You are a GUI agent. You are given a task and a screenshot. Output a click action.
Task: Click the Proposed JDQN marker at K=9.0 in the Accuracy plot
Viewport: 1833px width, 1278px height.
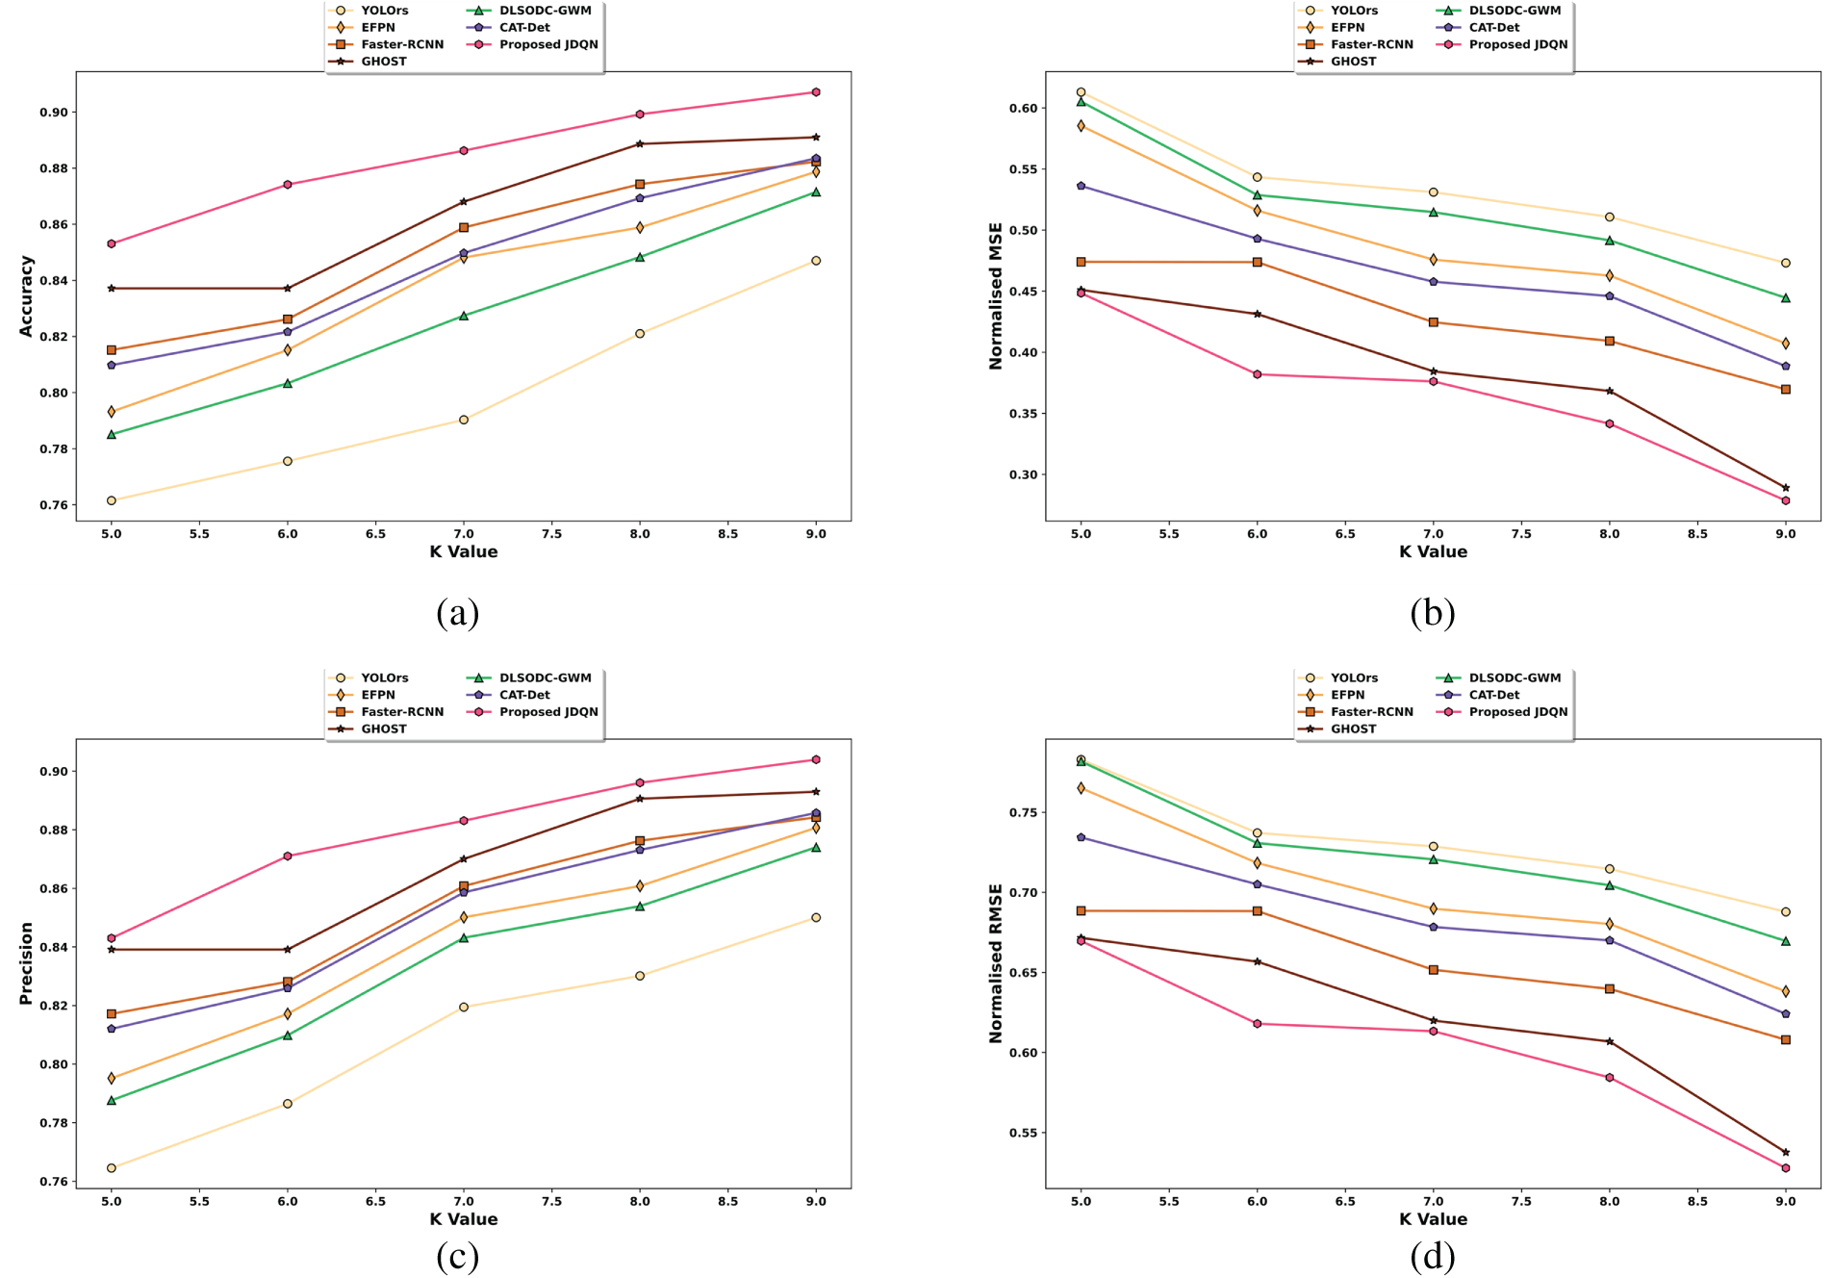pyautogui.click(x=816, y=92)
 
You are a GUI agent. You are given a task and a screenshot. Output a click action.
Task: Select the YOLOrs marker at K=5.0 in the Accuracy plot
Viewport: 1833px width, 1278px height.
pyautogui.click(x=112, y=500)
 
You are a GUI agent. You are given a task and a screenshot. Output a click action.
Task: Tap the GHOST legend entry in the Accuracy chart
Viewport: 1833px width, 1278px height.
pyautogui.click(x=383, y=62)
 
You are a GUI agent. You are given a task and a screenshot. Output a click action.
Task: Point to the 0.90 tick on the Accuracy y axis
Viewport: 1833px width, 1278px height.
pyautogui.click(x=54, y=113)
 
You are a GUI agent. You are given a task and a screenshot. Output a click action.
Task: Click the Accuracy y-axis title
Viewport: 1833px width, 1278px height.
pyautogui.click(x=26, y=295)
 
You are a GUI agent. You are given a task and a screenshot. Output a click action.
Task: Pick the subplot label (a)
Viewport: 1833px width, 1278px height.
pyautogui.click(x=457, y=613)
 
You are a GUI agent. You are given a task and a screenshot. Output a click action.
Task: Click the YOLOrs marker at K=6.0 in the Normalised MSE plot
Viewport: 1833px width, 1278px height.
pyautogui.click(x=1257, y=177)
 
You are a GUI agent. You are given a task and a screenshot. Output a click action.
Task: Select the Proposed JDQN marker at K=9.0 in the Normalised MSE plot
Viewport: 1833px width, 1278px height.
pyautogui.click(x=1786, y=500)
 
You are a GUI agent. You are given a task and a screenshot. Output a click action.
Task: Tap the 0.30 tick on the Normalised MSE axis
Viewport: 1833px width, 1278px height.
pyautogui.click(x=1024, y=474)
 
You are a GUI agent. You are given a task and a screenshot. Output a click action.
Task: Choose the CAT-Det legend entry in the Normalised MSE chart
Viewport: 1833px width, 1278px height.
pyautogui.click(x=1493, y=28)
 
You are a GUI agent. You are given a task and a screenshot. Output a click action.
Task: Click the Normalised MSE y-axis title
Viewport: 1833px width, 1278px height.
pyautogui.click(x=996, y=295)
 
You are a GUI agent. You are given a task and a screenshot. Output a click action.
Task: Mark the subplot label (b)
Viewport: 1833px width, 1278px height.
pyautogui.click(x=1432, y=613)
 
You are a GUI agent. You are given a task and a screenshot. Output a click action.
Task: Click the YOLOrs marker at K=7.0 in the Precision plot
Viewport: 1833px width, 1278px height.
pyautogui.click(x=464, y=1007)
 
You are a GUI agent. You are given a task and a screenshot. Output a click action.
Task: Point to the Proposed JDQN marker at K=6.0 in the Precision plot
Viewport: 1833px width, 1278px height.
pyautogui.click(x=288, y=856)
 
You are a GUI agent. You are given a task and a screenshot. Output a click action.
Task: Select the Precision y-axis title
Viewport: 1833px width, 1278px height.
pyautogui.click(x=26, y=963)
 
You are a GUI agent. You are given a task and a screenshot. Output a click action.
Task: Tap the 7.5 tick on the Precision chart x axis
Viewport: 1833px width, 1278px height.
pyautogui.click(x=551, y=1201)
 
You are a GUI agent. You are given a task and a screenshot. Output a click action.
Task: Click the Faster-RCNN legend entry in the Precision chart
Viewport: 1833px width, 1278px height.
pyautogui.click(x=401, y=712)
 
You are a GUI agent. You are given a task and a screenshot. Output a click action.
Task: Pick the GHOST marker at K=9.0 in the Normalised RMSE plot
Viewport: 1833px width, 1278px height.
pyautogui.click(x=1786, y=1152)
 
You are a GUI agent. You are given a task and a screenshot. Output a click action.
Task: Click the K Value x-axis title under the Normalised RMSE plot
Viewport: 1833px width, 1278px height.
pyautogui.click(x=1433, y=1219)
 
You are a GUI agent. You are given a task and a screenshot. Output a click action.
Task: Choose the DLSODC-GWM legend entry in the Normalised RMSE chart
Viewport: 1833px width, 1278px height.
pyautogui.click(x=1514, y=678)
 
